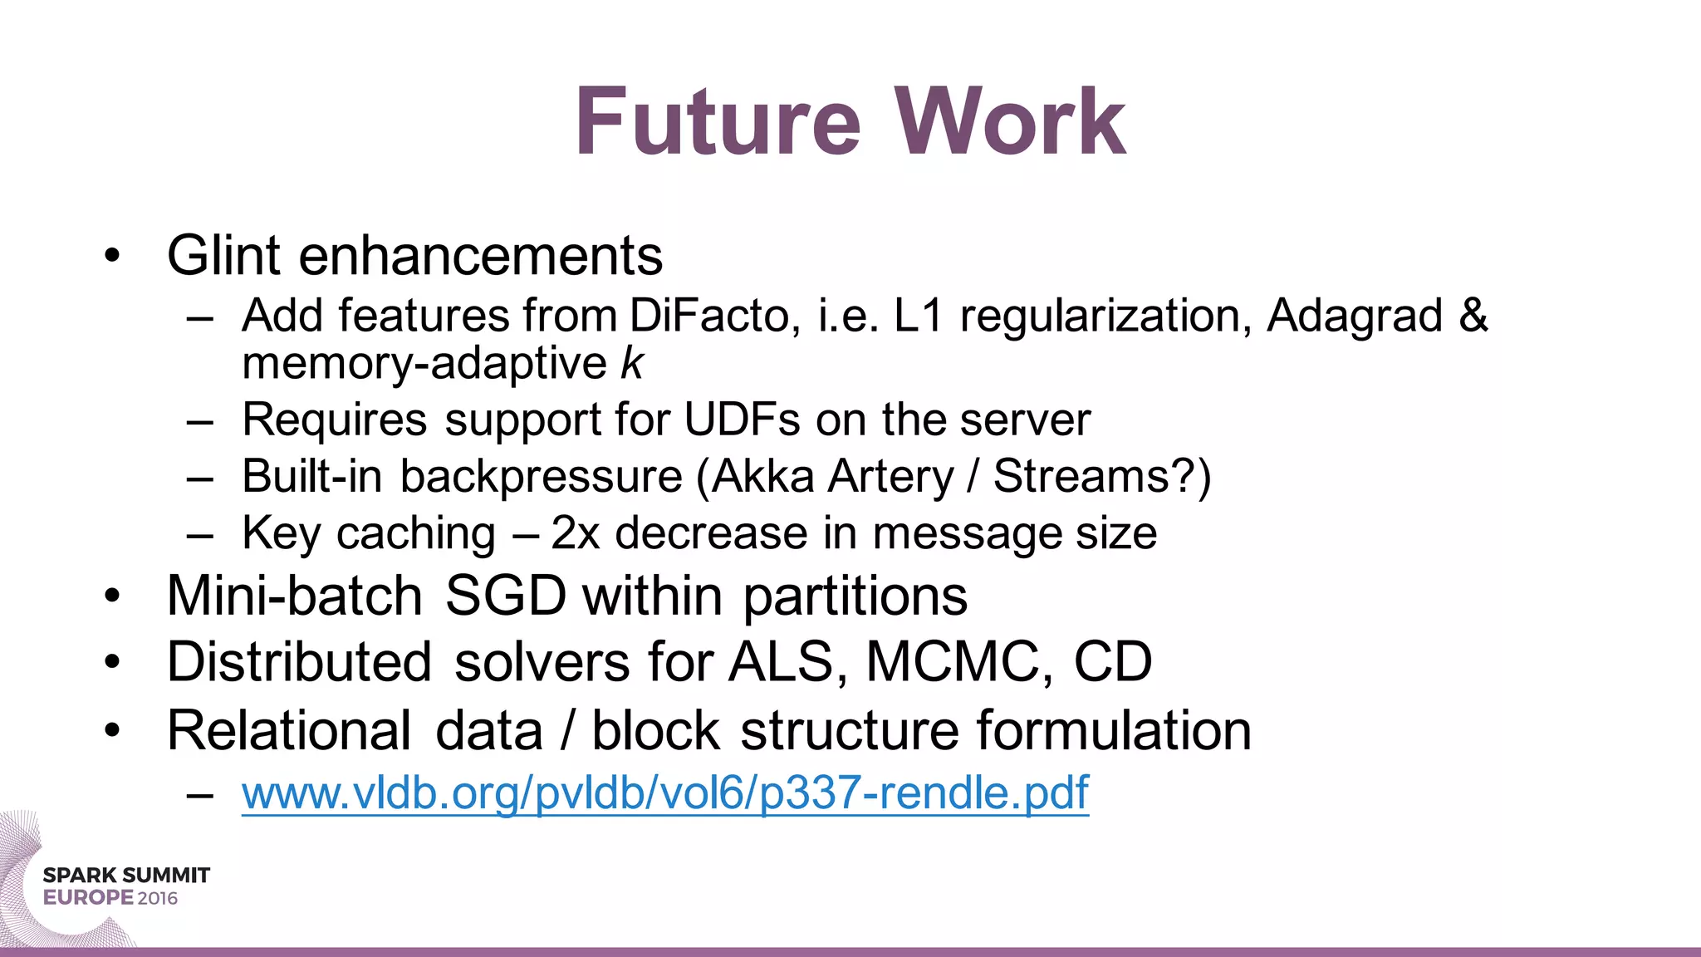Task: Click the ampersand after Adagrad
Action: click(1473, 317)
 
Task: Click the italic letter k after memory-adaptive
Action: click(632, 365)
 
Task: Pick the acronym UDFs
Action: click(743, 420)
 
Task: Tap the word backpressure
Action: click(542, 478)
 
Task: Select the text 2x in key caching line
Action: click(575, 533)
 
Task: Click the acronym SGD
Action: click(505, 596)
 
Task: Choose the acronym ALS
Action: click(782, 663)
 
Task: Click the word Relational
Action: click(288, 731)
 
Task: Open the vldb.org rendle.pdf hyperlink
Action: click(664, 793)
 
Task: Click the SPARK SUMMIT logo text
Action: click(126, 876)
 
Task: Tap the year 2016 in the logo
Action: click(158, 898)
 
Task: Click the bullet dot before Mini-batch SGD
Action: click(113, 596)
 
